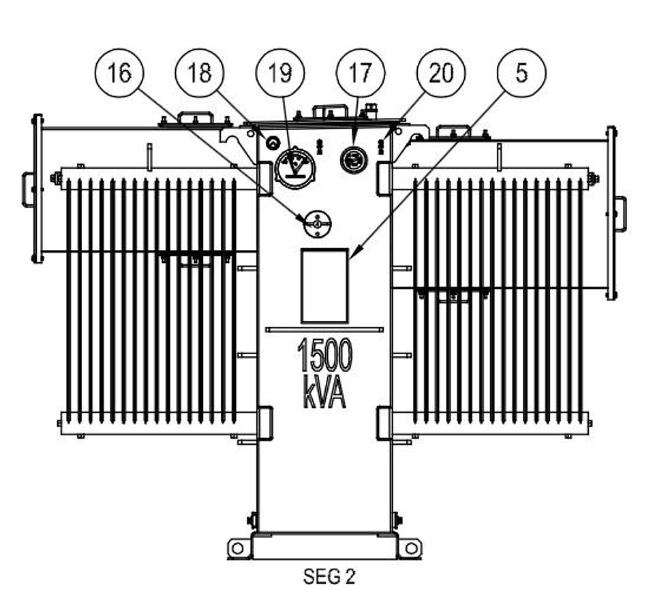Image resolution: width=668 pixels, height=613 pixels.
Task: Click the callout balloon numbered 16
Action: tap(119, 72)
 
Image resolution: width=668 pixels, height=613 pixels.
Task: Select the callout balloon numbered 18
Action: tap(200, 72)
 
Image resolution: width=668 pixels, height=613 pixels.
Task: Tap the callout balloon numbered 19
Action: tap(280, 72)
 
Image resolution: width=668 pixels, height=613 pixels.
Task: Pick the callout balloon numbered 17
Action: tap(361, 72)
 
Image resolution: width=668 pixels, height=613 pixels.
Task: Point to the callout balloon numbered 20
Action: tap(441, 72)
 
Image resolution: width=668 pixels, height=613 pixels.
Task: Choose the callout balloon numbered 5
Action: tap(521, 72)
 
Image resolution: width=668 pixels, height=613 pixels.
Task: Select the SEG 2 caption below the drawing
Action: tap(329, 577)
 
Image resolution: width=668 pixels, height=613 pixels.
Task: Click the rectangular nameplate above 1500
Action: tap(325, 285)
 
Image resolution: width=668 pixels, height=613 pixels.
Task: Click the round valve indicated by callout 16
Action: tap(316, 223)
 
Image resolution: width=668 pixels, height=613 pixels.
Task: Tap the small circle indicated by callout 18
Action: tap(272, 142)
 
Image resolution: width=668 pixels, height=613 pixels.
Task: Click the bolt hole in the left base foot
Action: tap(237, 548)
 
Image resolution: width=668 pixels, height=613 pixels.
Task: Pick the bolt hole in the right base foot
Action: tap(411, 548)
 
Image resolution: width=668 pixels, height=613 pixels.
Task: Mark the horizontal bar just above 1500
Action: tap(324, 330)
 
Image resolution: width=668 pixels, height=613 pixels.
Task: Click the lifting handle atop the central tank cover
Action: tap(327, 110)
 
